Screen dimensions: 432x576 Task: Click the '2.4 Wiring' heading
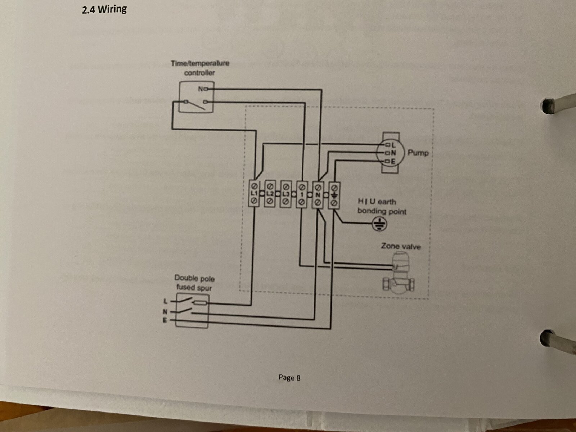point(104,9)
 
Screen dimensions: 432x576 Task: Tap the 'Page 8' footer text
point(289,377)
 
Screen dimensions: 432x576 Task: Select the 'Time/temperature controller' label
point(200,68)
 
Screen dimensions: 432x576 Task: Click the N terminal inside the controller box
point(201,89)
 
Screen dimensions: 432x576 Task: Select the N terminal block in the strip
point(318,194)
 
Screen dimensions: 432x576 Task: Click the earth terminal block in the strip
point(334,194)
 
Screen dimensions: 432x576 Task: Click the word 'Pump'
point(418,153)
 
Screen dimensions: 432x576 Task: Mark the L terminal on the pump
point(390,145)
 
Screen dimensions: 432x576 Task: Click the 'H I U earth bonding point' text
point(381,206)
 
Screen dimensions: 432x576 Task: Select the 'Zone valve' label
point(400,247)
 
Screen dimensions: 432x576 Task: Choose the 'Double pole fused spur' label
point(194,283)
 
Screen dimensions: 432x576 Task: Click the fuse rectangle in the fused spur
point(200,303)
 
